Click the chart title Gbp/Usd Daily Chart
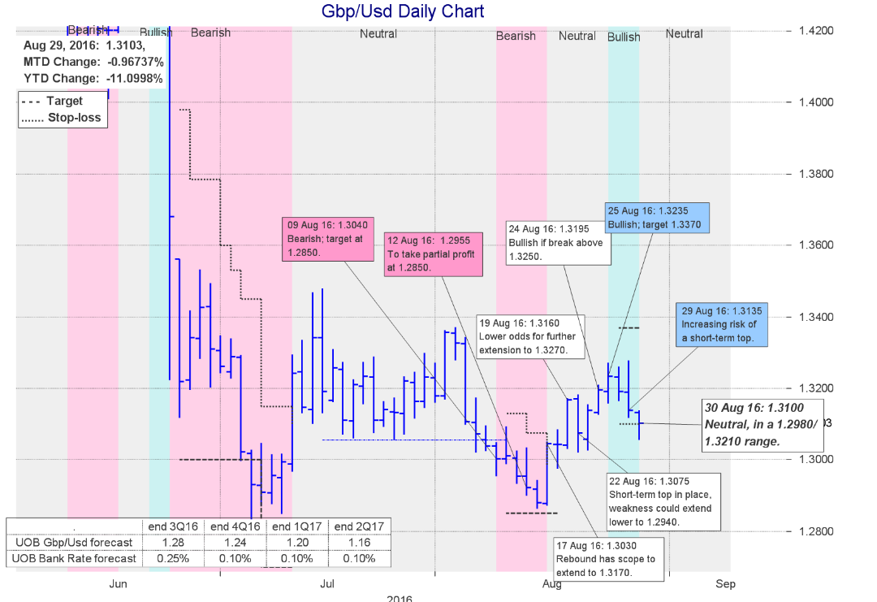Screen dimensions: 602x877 click(404, 11)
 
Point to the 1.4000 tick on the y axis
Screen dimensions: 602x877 click(815, 102)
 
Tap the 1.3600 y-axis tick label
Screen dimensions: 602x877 click(815, 245)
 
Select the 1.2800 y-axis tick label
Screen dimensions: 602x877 click(815, 531)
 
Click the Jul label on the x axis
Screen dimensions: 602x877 click(327, 583)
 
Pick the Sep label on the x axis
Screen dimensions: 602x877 click(725, 583)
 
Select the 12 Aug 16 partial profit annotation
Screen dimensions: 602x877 click(436, 253)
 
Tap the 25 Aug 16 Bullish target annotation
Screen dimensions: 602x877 click(658, 217)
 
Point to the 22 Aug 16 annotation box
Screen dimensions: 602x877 click(662, 500)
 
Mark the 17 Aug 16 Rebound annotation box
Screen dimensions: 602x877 click(607, 559)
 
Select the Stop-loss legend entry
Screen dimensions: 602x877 click(62, 118)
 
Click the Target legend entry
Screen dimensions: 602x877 click(62, 102)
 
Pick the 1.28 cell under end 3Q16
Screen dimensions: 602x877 click(173, 542)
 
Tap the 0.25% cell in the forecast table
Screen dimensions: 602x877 click(173, 558)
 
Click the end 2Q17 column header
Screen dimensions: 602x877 click(361, 526)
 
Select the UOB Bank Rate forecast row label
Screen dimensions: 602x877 click(74, 558)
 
